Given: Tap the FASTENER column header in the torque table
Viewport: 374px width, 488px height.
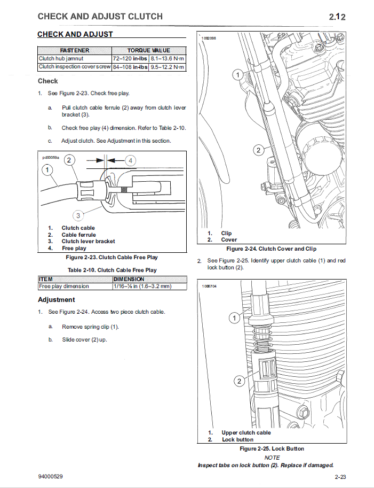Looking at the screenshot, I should [75, 50].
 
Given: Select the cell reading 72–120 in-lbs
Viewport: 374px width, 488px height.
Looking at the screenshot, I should [130, 58].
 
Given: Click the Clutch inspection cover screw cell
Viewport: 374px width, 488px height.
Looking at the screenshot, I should [75, 67].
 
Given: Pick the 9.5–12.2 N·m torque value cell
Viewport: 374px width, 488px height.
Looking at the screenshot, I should [167, 67].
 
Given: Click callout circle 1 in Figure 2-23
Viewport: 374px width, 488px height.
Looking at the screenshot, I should [48, 170].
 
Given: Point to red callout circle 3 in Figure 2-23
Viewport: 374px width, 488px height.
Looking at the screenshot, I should [78, 215].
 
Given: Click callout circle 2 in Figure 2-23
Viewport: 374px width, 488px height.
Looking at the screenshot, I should [70, 160].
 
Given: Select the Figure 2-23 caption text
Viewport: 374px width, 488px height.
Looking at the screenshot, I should [112, 257].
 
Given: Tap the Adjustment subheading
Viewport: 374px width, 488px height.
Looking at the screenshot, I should [57, 300].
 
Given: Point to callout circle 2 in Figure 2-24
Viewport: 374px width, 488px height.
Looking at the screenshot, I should [258, 150].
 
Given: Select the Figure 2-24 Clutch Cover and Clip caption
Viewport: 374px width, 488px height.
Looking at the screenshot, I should [271, 249].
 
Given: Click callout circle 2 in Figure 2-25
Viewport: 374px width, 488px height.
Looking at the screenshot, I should [239, 381].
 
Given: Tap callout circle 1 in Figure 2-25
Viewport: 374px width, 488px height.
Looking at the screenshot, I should [234, 319].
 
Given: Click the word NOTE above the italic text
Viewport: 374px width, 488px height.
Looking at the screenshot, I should [272, 458].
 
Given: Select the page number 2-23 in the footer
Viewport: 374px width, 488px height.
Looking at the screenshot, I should [341, 476].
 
